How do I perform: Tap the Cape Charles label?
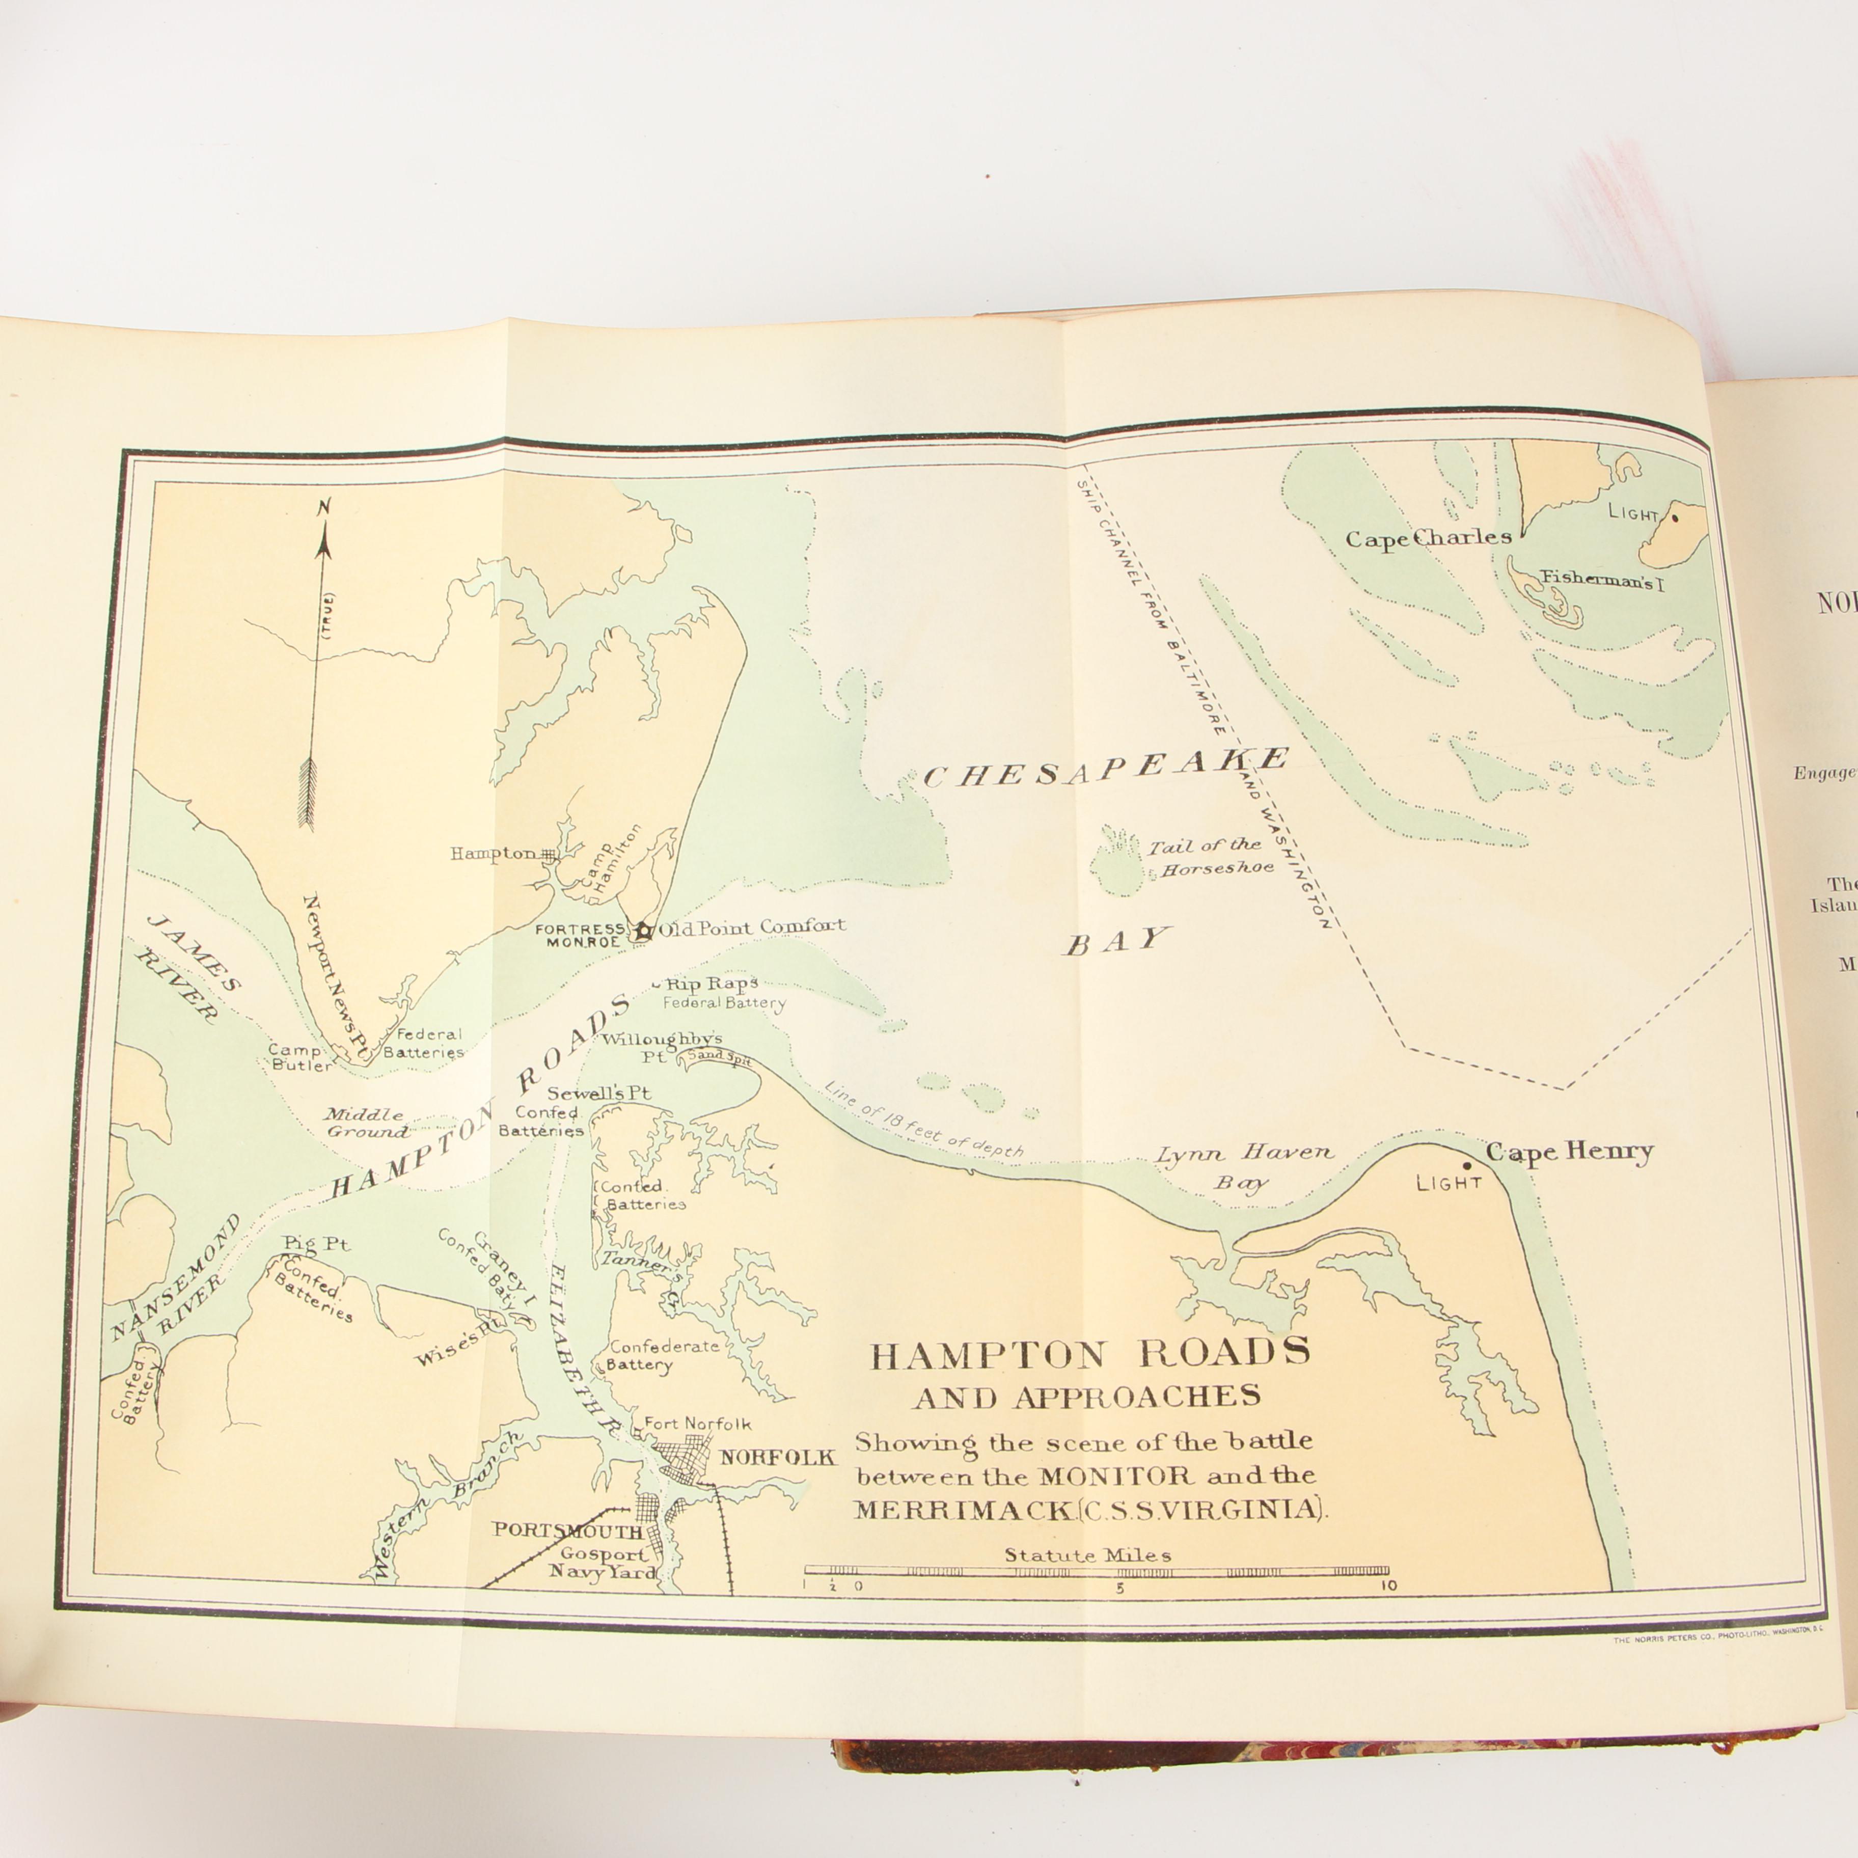[x=1427, y=538]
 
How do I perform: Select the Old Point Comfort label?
[x=752, y=927]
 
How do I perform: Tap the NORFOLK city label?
[x=778, y=1457]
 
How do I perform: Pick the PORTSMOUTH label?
[x=567, y=1531]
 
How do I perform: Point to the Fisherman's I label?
[x=1602, y=580]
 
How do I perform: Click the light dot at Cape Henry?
[x=1467, y=1165]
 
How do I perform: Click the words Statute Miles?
[x=1088, y=1555]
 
